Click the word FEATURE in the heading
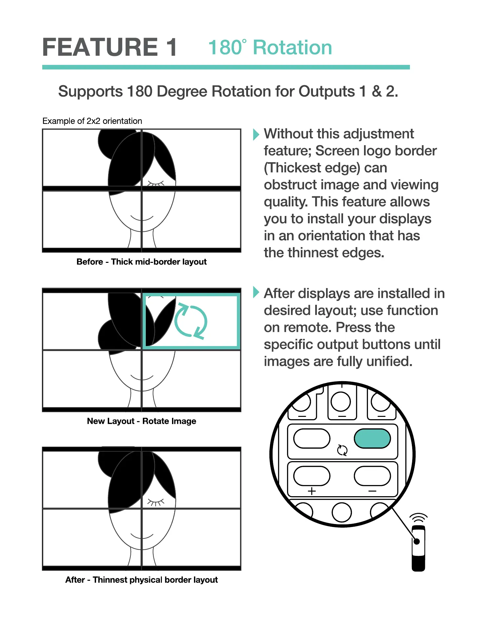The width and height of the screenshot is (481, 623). click(x=100, y=48)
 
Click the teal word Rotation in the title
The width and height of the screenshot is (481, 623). click(x=292, y=48)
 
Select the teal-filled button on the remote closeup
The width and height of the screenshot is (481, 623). click(x=372, y=439)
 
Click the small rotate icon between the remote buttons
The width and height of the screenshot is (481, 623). click(x=342, y=450)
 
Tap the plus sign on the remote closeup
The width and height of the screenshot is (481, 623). click(x=312, y=491)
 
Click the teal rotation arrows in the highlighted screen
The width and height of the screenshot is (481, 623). click(x=191, y=321)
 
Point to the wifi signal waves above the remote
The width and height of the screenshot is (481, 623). click(x=418, y=518)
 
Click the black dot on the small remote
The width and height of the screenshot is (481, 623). click(x=417, y=541)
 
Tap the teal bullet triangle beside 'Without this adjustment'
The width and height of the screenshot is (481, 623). click(x=256, y=134)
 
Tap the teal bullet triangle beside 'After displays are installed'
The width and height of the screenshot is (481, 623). click(x=256, y=292)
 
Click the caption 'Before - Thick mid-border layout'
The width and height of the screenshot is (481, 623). click(x=142, y=262)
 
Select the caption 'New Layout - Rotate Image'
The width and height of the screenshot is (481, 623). click(x=142, y=421)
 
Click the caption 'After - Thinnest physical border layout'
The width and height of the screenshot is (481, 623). click(x=142, y=580)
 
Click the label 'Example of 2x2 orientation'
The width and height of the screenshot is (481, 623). click(x=92, y=121)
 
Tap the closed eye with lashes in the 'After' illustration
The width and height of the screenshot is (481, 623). click(x=156, y=501)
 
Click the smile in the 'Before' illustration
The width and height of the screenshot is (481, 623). click(x=142, y=218)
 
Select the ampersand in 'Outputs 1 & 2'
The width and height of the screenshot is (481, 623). click(x=376, y=91)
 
